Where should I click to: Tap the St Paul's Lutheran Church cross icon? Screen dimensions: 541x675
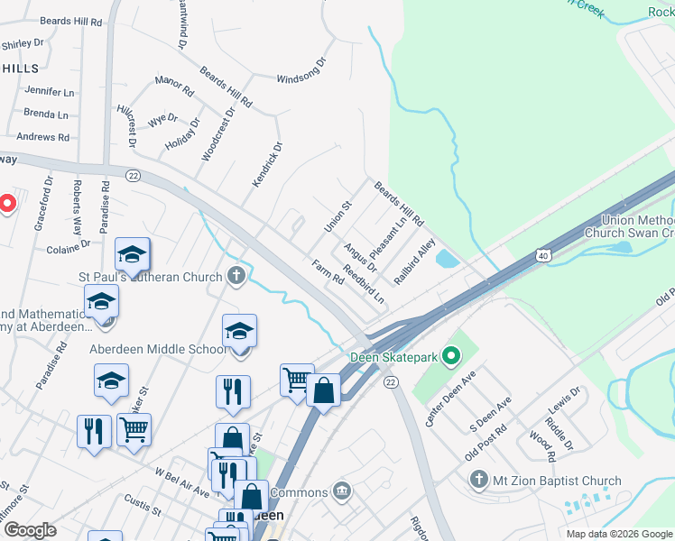pyautogui.click(x=236, y=276)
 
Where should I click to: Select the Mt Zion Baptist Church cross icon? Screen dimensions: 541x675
pyautogui.click(x=479, y=481)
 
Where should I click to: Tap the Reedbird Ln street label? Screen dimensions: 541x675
pyautogui.click(x=363, y=284)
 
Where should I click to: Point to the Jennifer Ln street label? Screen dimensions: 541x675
pyautogui.click(x=50, y=91)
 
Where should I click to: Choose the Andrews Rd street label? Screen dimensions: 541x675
pyautogui.click(x=42, y=137)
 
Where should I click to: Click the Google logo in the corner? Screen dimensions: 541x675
pyautogui.click(x=30, y=530)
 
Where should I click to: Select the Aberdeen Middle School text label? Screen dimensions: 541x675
pyautogui.click(x=158, y=349)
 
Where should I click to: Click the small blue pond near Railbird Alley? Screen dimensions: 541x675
pyautogui.click(x=446, y=260)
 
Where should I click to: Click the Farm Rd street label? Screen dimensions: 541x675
pyautogui.click(x=328, y=272)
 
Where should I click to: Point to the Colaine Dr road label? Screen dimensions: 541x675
pyautogui.click(x=69, y=243)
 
